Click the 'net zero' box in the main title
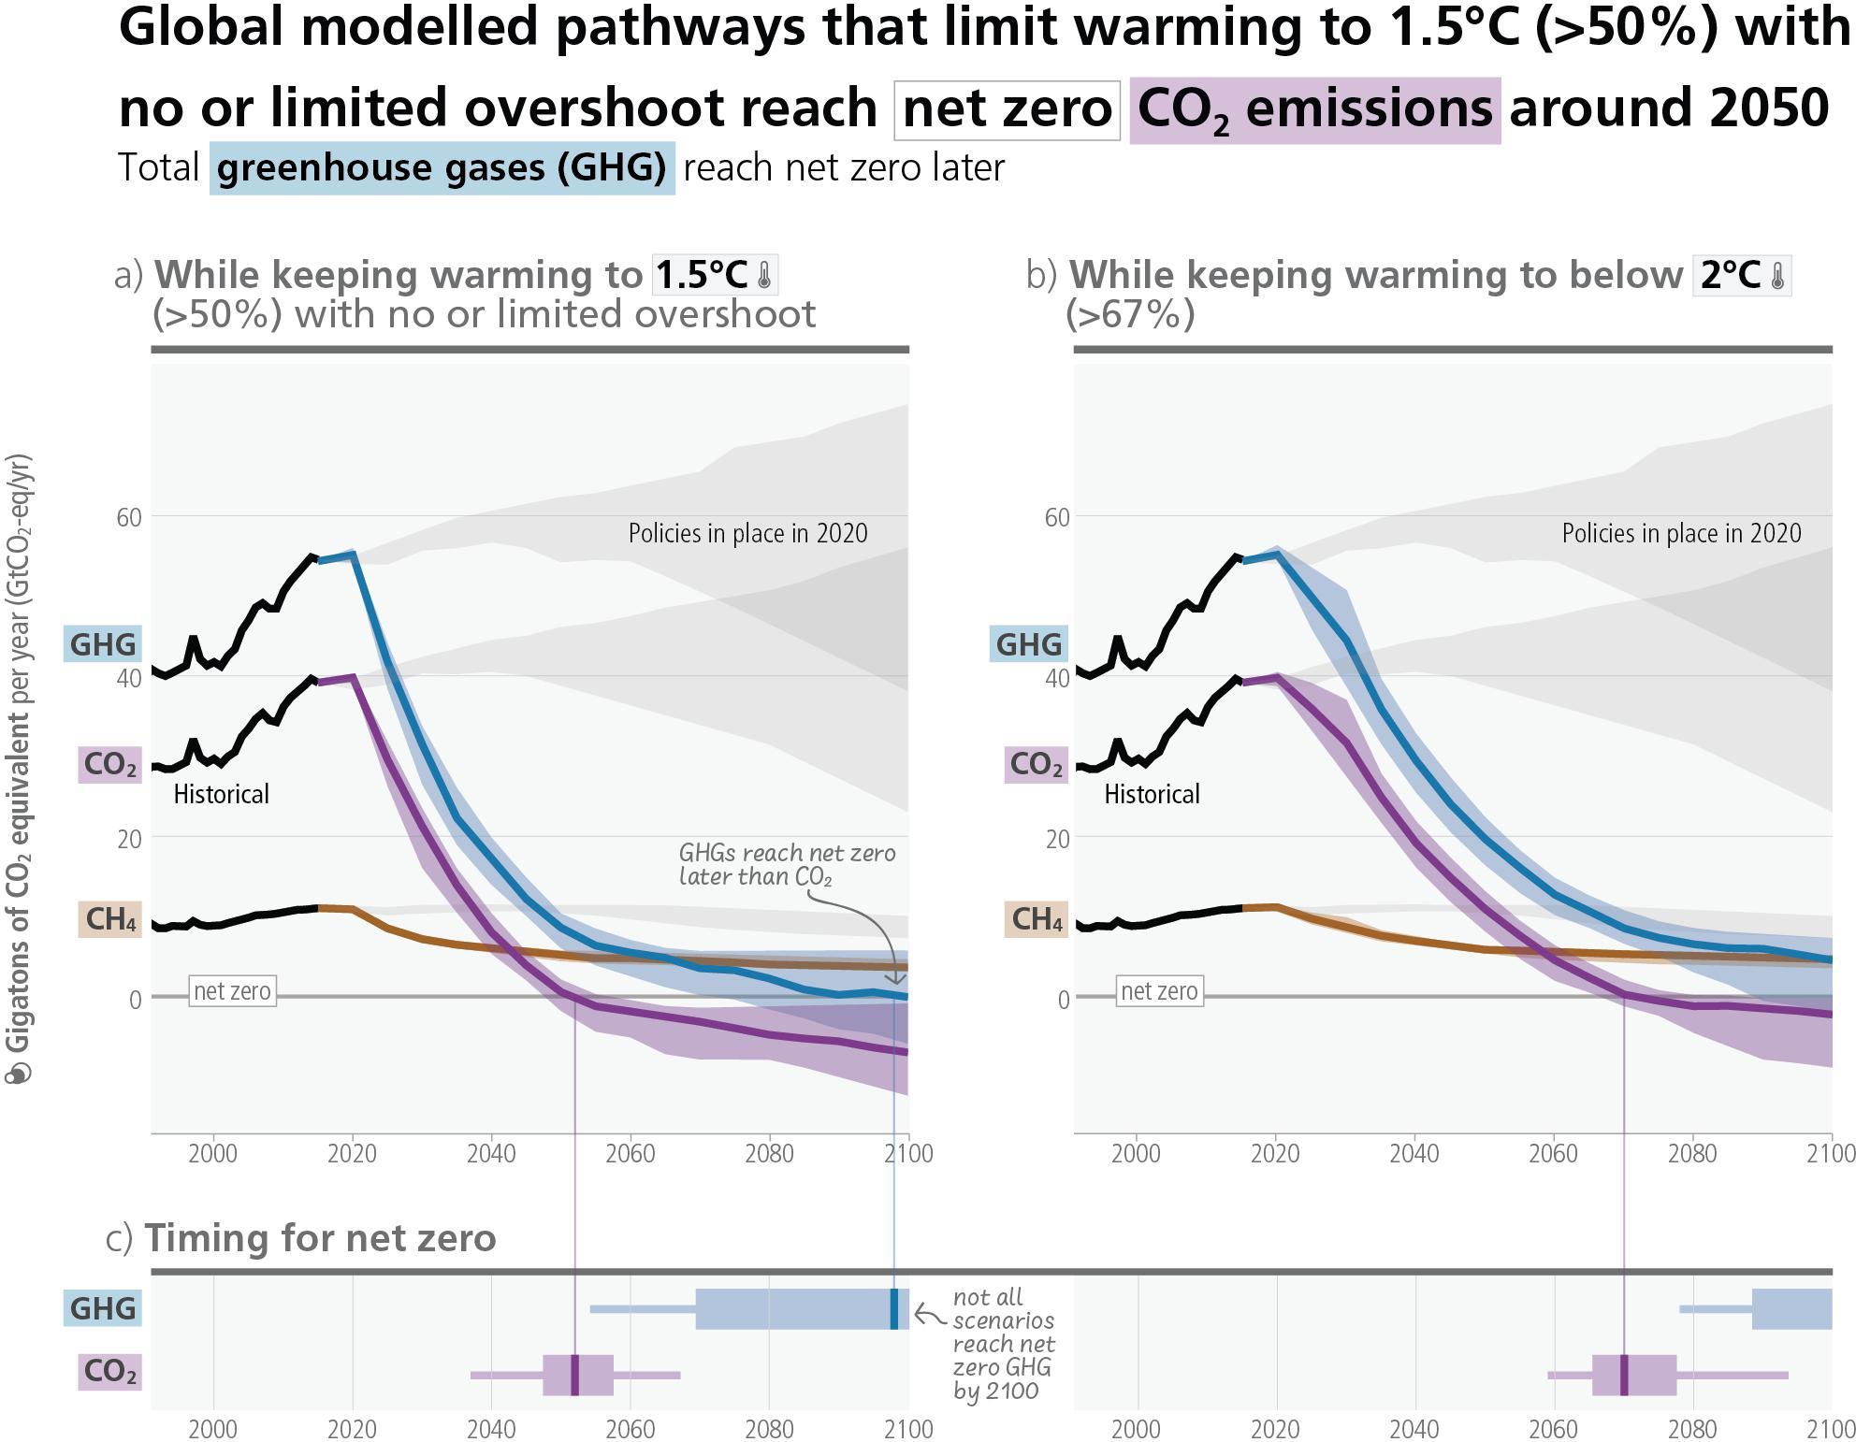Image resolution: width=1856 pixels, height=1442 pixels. tap(1007, 109)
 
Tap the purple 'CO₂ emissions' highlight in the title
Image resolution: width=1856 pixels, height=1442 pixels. tap(1314, 110)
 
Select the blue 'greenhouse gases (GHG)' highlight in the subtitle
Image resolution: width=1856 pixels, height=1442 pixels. tap(442, 168)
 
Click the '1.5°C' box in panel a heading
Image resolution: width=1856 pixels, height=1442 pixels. tap(715, 275)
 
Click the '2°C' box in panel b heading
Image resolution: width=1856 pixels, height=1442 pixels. tap(1741, 275)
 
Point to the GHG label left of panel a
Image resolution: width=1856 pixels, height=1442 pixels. tap(103, 643)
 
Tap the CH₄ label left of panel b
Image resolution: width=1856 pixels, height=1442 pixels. tap(1037, 918)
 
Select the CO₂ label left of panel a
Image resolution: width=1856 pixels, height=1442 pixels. tap(109, 764)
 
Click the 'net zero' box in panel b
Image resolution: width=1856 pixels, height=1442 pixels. tap(1158, 991)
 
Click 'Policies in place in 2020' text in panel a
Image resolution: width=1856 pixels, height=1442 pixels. tap(747, 533)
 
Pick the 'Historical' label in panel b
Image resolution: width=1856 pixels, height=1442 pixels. tap(1152, 794)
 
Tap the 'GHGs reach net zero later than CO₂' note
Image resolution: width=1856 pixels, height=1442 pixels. tap(786, 864)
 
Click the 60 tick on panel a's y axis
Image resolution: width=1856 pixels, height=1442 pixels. tap(129, 517)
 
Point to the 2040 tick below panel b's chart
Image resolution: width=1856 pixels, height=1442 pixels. tap(1414, 1153)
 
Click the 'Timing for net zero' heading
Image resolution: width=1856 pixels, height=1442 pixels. tap(320, 1238)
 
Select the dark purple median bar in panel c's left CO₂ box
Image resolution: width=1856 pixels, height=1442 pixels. tap(574, 1375)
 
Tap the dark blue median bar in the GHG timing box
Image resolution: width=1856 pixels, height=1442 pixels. tap(893, 1308)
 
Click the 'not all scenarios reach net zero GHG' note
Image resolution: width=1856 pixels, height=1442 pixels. tap(1003, 1343)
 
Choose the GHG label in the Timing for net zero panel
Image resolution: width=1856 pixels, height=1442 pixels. tap(103, 1307)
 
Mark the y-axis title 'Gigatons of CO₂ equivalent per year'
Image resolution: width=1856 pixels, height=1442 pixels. tap(19, 767)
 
